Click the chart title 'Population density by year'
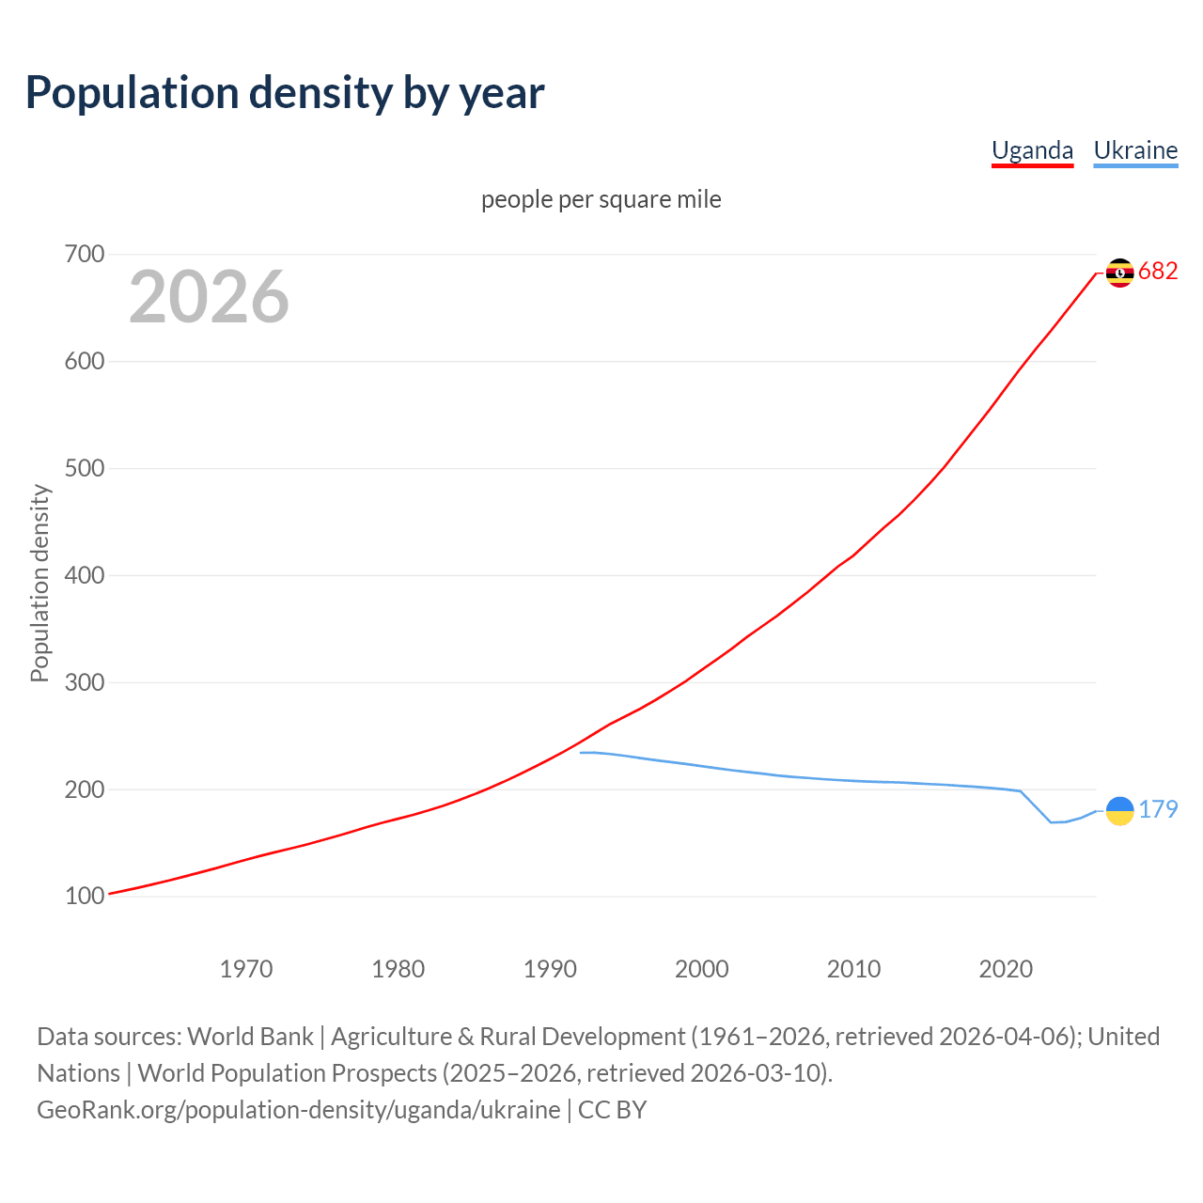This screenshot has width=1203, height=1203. tap(285, 92)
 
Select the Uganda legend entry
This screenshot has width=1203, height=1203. tap(1032, 150)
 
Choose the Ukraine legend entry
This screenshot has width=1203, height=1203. tap(1135, 150)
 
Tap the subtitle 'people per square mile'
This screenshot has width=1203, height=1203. tap(601, 199)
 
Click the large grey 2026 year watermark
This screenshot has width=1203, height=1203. tap(209, 297)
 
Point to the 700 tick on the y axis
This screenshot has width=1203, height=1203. tap(85, 255)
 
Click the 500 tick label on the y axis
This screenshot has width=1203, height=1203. tap(85, 468)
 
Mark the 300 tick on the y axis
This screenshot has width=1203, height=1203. tap(85, 682)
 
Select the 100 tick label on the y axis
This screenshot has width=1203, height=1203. tap(85, 897)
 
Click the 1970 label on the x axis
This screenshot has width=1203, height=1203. tap(246, 969)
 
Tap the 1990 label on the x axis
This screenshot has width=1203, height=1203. tap(550, 969)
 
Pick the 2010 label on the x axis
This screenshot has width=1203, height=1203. tap(853, 969)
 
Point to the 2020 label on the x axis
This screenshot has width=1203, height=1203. tap(1006, 969)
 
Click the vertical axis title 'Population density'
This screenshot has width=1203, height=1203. tap(39, 583)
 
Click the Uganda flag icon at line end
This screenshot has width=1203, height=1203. tap(1119, 273)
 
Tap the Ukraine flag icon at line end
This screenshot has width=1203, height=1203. tap(1119, 810)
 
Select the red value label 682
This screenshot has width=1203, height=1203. tap(1158, 272)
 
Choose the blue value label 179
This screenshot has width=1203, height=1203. tap(1158, 809)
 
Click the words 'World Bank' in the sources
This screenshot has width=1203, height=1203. tap(250, 1036)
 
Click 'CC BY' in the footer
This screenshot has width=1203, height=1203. tap(612, 1109)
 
